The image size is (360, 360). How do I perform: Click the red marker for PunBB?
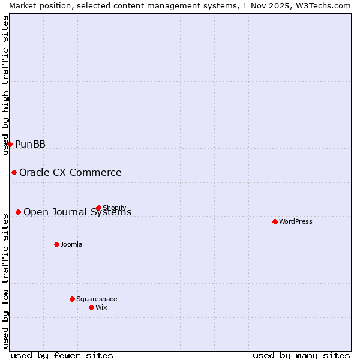[x=10, y=144]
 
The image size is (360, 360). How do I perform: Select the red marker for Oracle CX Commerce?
[x=14, y=173]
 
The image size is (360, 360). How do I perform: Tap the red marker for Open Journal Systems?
[x=19, y=212]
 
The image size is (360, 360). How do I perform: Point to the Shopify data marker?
[x=98, y=208]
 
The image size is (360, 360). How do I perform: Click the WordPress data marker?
[x=275, y=221]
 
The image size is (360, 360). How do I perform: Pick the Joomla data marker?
[x=56, y=244]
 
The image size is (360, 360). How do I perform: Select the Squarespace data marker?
[x=72, y=299]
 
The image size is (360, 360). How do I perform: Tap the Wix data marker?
[x=91, y=307]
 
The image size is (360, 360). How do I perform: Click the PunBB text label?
[x=30, y=144]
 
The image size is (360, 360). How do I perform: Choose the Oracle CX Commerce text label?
[x=70, y=173]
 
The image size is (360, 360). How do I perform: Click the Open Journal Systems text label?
[x=77, y=212]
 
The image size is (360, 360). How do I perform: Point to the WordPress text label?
[x=296, y=221]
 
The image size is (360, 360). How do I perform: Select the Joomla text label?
[x=71, y=244]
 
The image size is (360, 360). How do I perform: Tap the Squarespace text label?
[x=97, y=299]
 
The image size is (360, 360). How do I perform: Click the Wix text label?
[x=101, y=307]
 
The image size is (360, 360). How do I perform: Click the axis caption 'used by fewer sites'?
[x=62, y=355]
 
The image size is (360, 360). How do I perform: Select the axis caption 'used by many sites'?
[x=301, y=355]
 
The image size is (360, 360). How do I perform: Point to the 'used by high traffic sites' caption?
[x=6, y=85]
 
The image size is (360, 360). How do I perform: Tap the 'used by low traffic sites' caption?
[x=6, y=280]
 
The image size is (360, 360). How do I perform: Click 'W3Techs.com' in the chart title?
[x=326, y=5]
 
